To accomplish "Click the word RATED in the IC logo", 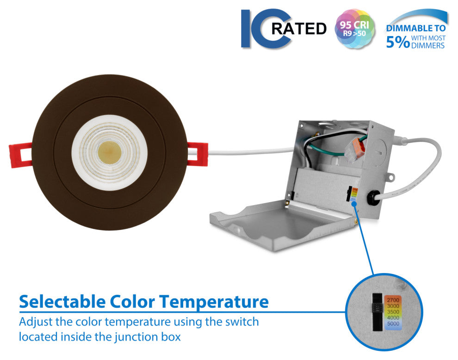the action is (x=298, y=28).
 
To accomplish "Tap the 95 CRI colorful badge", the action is (x=354, y=28).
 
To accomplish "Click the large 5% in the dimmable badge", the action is (x=398, y=42).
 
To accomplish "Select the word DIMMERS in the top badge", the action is (x=428, y=45).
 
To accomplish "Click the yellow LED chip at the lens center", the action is (x=109, y=153).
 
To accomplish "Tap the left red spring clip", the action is (x=20, y=155).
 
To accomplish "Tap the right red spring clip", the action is (x=198, y=154).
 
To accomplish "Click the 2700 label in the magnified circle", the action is (x=393, y=300).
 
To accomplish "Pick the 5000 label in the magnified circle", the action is (x=393, y=324).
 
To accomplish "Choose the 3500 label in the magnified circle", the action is (x=393, y=312).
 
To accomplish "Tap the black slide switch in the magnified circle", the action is (x=378, y=312).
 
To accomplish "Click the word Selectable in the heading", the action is (x=62, y=302).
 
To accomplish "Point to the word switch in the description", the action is (x=242, y=322).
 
